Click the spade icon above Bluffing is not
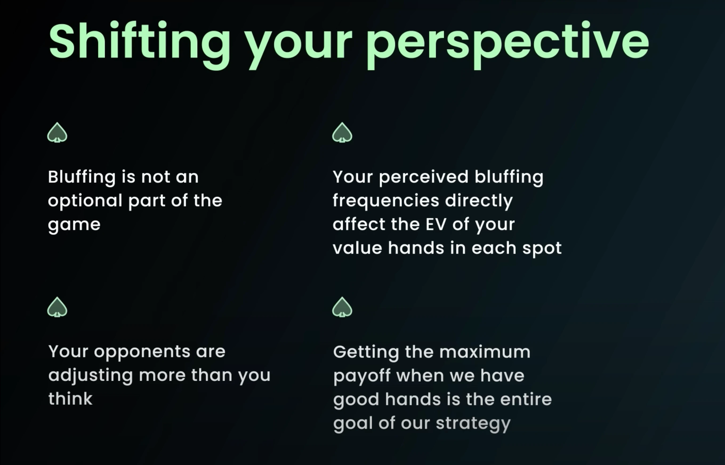point(57,133)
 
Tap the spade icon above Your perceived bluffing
point(342,133)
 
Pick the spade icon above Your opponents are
point(57,307)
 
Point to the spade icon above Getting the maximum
point(342,307)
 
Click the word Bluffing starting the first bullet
point(82,178)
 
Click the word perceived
point(424,178)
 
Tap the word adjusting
point(91,376)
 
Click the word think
point(70,399)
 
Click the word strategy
point(473,424)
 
